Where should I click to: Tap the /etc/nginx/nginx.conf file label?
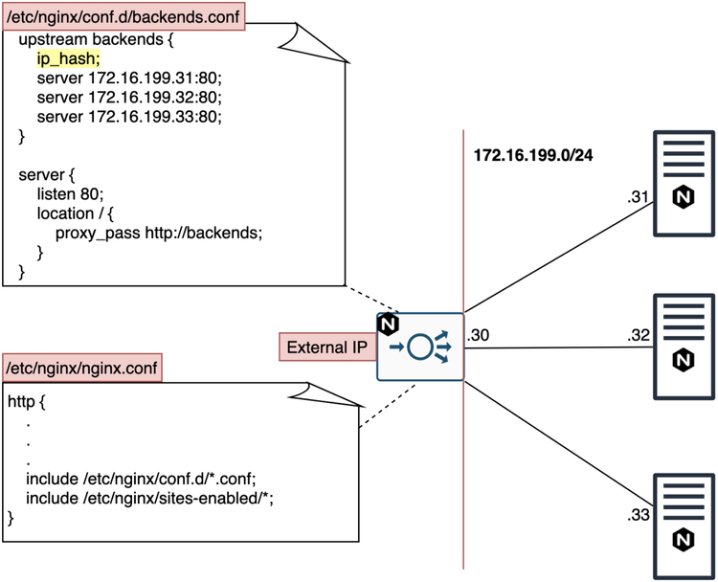click(82, 369)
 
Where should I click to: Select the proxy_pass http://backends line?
click(158, 233)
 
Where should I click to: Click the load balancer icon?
click(419, 347)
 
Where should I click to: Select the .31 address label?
click(639, 198)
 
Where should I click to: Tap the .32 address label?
click(639, 336)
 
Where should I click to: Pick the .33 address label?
click(639, 516)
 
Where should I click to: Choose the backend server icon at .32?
click(683, 346)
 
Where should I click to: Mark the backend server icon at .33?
click(683, 526)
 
